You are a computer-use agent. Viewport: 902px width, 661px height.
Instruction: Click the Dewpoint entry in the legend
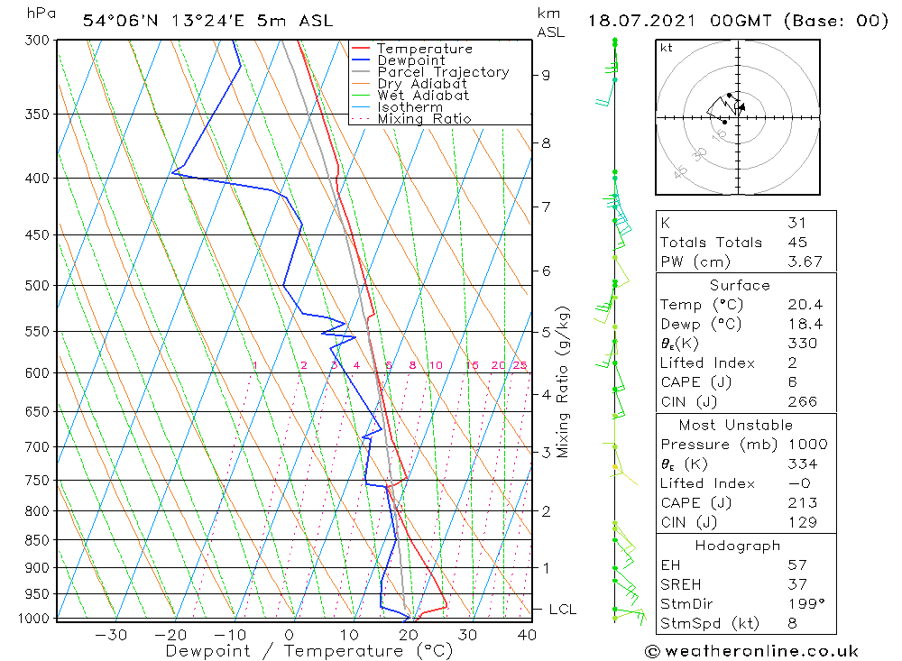tap(411, 60)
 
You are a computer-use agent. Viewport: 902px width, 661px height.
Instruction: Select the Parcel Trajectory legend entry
tap(443, 72)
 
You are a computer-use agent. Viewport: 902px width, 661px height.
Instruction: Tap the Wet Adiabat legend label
tap(423, 96)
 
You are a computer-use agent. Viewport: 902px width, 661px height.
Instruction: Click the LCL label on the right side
tap(562, 610)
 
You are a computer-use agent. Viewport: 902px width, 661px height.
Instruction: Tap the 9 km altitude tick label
tap(547, 75)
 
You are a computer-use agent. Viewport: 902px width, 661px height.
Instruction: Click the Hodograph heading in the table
tap(738, 546)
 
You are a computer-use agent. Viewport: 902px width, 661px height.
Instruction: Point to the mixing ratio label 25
tap(520, 365)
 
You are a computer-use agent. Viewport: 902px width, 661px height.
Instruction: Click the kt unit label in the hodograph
tap(667, 48)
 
